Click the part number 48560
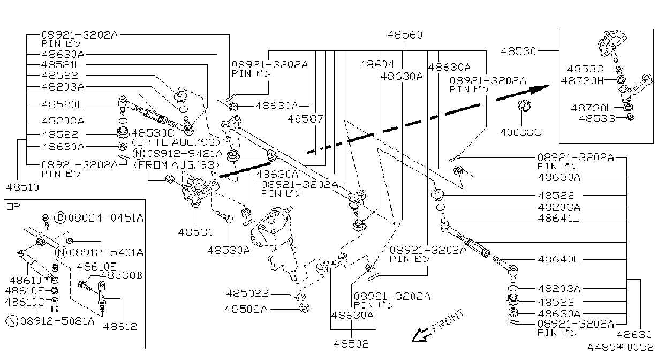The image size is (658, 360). tap(405, 35)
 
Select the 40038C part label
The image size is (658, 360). tap(520, 132)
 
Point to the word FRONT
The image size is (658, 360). tap(448, 320)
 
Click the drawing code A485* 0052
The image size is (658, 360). tap(620, 348)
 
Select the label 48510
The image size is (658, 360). tap(22, 187)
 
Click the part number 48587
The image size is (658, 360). tap(305, 119)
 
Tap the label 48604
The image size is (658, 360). tap(377, 64)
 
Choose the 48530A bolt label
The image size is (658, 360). tap(229, 250)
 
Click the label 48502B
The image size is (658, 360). tap(247, 294)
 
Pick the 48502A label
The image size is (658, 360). tap(246, 309)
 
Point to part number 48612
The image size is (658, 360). tap(120, 326)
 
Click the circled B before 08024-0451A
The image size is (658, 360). tap(60, 217)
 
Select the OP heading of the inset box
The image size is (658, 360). tap(13, 207)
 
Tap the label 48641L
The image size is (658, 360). tap(558, 219)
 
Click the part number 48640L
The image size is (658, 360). tap(559, 259)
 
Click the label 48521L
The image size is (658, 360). tap(61, 65)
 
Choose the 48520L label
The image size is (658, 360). tap(63, 104)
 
